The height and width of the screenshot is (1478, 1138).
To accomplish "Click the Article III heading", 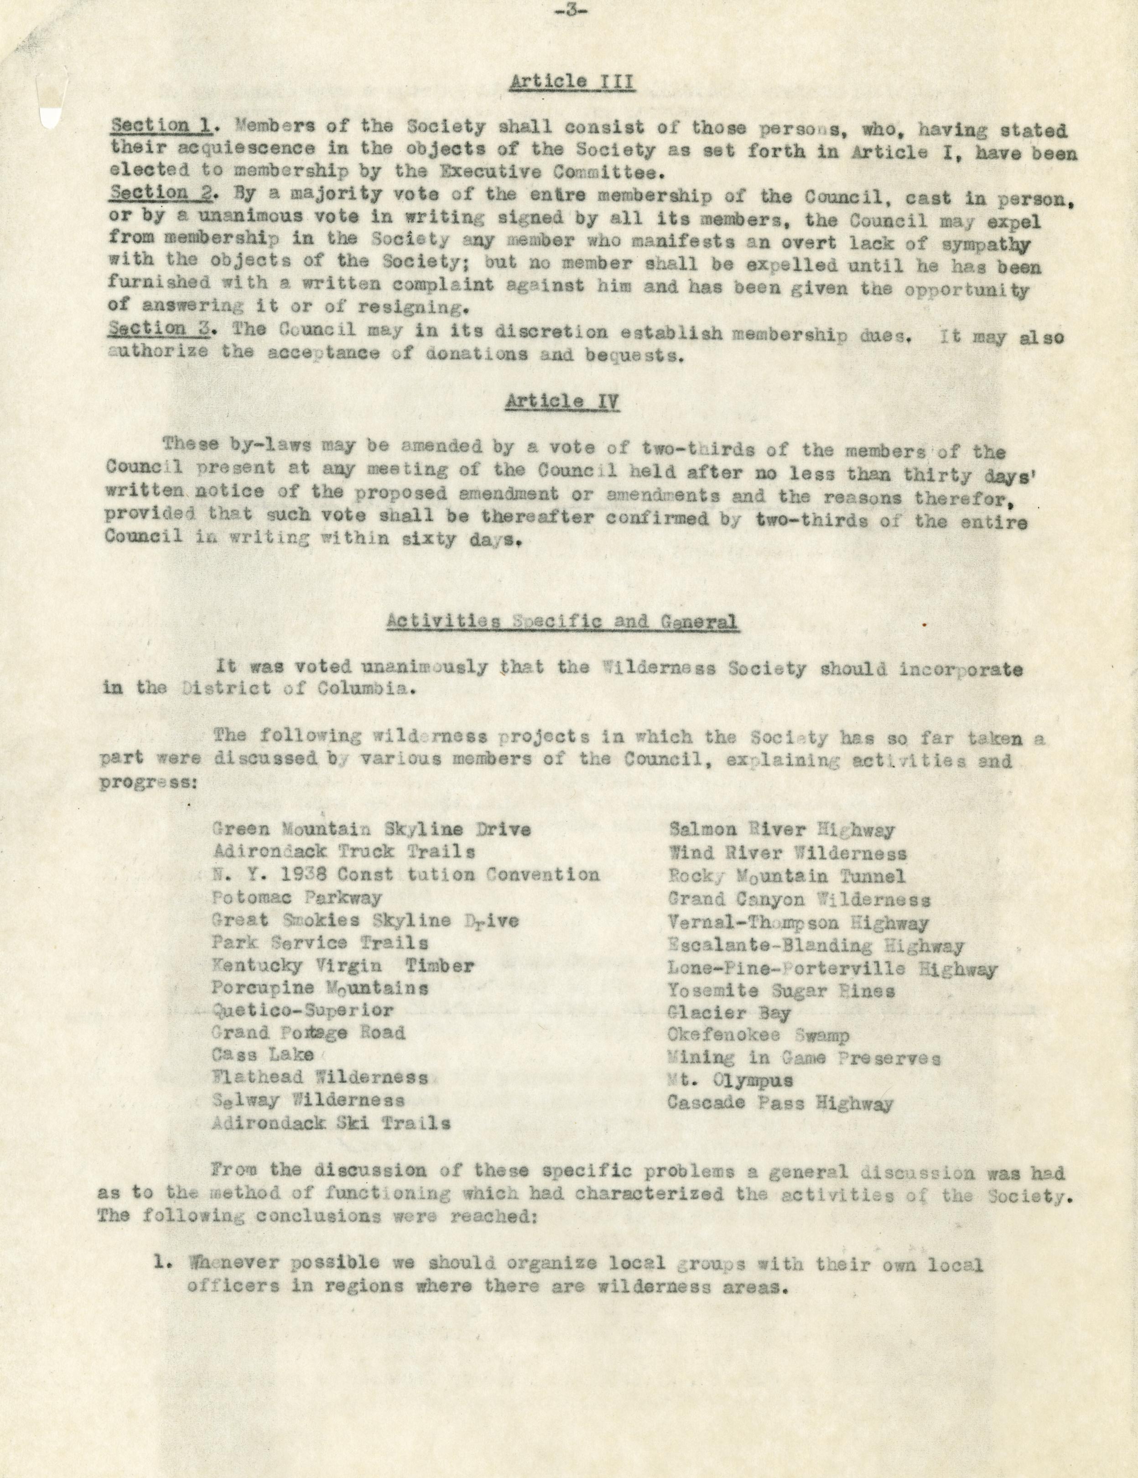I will coord(572,83).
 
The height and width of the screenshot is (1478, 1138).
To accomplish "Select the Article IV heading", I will coord(562,401).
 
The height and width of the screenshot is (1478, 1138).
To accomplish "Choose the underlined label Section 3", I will coord(148,329).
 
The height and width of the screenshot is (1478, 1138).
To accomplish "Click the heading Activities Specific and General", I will coord(562,622).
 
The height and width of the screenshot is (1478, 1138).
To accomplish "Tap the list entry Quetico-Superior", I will coord(302,1010).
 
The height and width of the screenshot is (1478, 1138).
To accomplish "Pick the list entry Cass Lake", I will coord(263,1055).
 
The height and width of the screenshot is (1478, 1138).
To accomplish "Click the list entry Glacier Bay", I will coord(729,1013).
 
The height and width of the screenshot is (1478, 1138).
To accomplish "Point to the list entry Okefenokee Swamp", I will coord(758,1036).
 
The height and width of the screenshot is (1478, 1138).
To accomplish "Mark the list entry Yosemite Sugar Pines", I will coord(781,991).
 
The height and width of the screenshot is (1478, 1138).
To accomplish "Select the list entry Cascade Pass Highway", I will coord(779,1103).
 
